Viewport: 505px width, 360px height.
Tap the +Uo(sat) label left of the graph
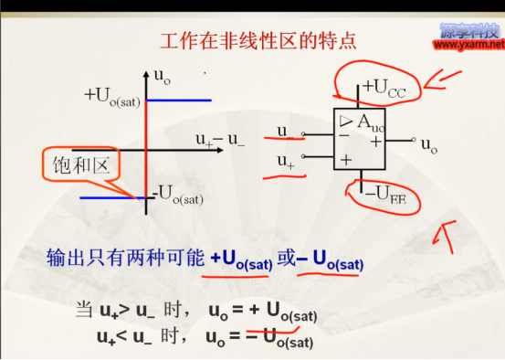(x=112, y=96)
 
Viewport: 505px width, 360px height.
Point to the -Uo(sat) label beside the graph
(x=178, y=193)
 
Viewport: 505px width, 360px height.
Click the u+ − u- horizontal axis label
(x=220, y=140)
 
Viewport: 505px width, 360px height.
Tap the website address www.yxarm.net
(x=467, y=43)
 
